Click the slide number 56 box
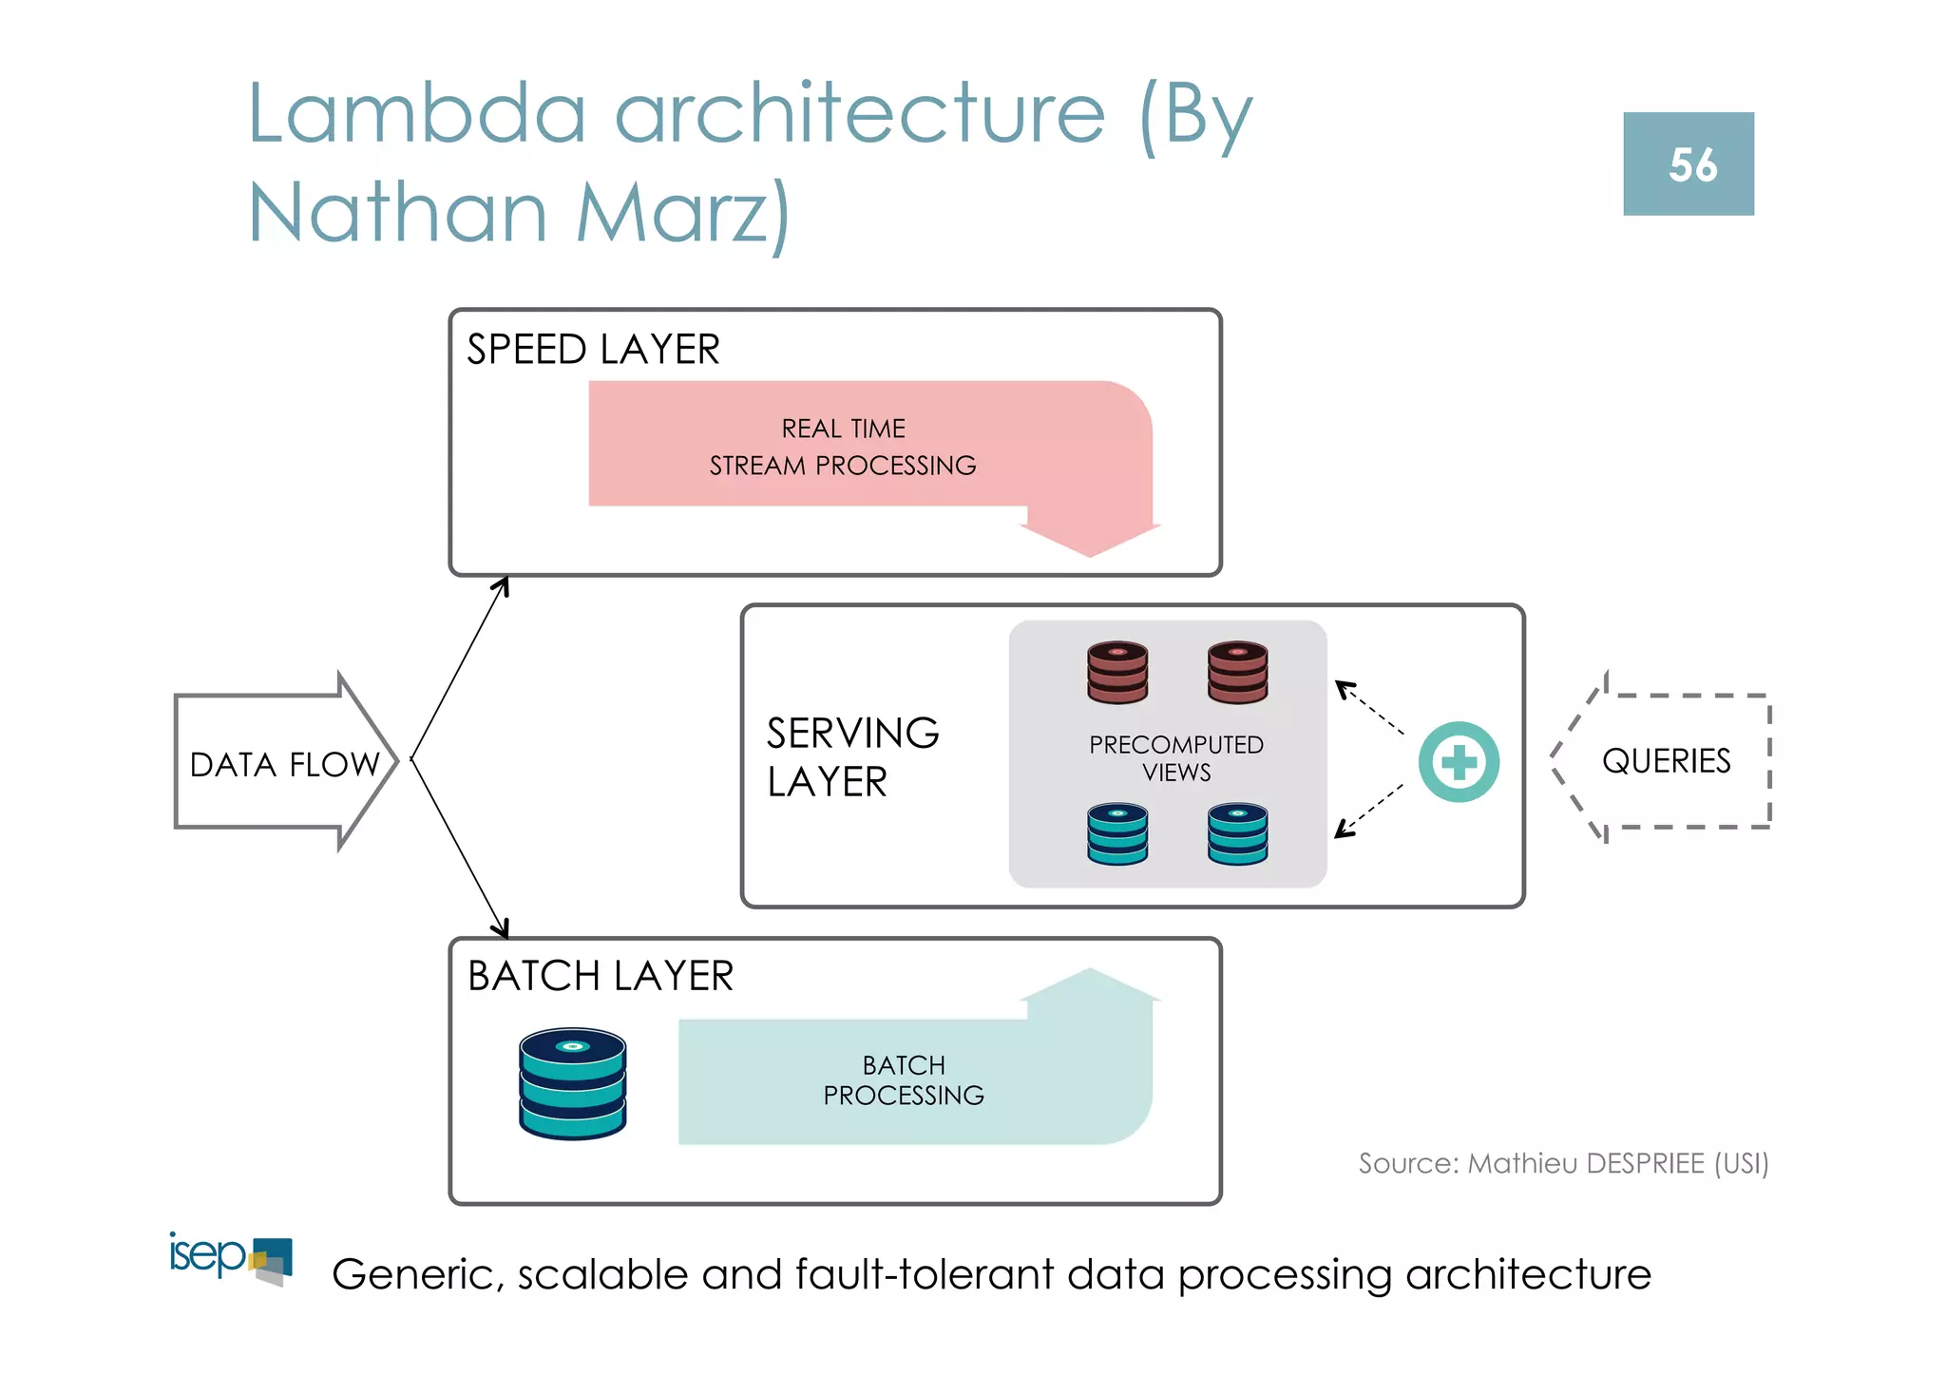(1688, 163)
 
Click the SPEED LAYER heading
(593, 350)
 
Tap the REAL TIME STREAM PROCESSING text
(843, 447)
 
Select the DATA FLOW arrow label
(283, 764)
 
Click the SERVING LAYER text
(851, 757)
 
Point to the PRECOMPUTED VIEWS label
(1175, 758)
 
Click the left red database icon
(1117, 672)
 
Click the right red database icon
(1237, 672)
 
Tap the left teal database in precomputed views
(1117, 834)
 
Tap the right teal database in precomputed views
(1237, 834)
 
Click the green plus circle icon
(1459, 762)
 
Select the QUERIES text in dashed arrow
(1666, 761)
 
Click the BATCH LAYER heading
(601, 976)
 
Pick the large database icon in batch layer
(572, 1083)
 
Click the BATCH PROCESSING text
(904, 1080)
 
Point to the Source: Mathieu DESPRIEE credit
(1563, 1163)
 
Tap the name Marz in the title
(683, 212)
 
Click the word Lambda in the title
(416, 114)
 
